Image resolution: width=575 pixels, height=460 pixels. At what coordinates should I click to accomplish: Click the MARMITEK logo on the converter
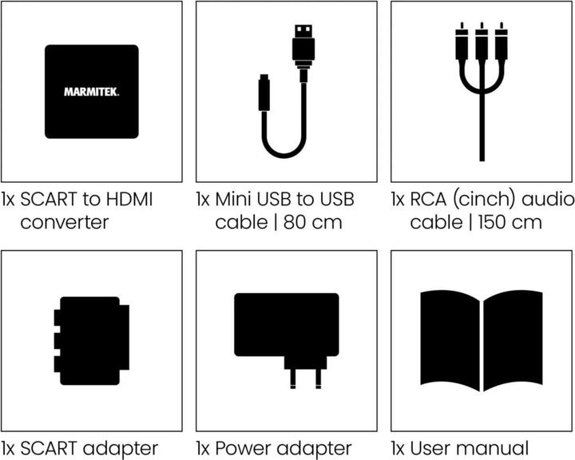(91, 92)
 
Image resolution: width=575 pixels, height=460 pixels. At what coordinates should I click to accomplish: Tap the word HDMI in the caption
(130, 197)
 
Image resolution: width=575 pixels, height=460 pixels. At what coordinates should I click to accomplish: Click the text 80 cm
(312, 221)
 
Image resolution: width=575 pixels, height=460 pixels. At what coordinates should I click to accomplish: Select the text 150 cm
(509, 221)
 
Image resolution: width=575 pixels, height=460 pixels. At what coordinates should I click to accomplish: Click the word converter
(64, 221)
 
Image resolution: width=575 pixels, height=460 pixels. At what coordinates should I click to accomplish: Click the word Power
(242, 448)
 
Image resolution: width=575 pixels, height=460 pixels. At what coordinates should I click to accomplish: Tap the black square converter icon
(91, 92)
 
